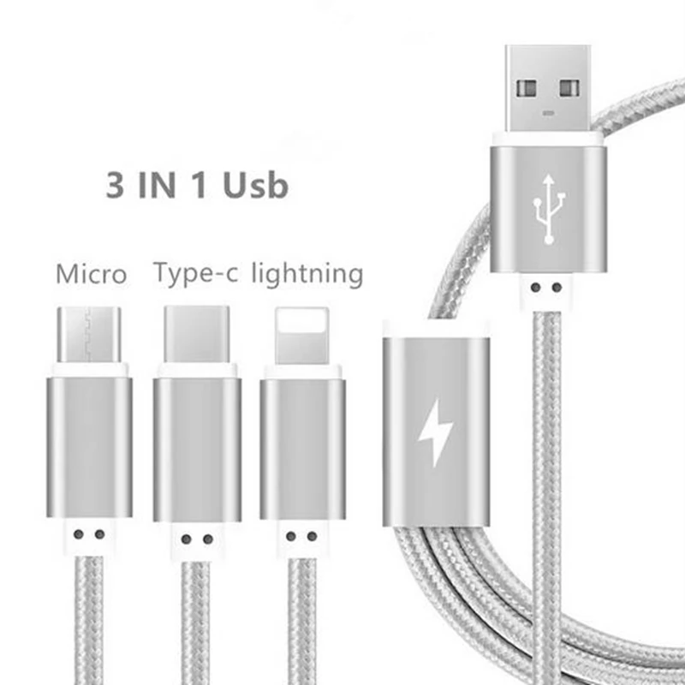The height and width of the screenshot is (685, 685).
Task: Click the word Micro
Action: tap(91, 275)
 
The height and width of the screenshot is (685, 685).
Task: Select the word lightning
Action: tap(307, 274)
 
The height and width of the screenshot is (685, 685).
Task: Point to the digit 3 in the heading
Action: tap(115, 185)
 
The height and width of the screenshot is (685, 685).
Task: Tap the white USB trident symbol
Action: tap(548, 205)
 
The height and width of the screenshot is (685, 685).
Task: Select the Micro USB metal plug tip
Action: tap(89, 334)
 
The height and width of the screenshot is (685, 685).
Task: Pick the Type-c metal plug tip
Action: tap(197, 334)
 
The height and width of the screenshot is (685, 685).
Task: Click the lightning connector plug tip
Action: tap(302, 334)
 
